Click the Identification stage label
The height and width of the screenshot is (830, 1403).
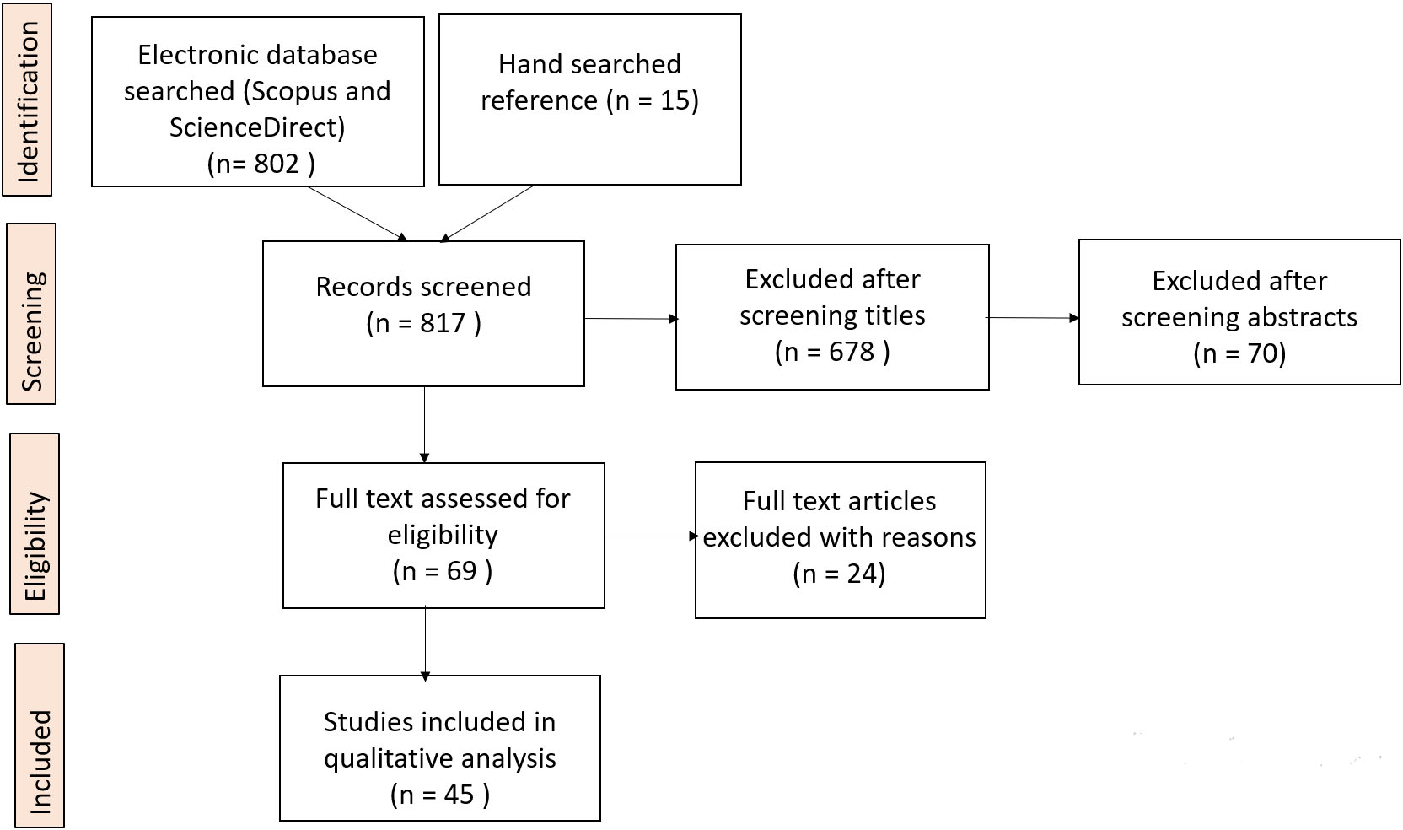click(27, 100)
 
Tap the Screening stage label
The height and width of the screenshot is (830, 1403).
click(31, 314)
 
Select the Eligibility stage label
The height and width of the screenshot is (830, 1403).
click(35, 524)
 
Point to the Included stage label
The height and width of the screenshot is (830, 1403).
click(40, 736)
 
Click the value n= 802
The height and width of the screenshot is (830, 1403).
click(261, 163)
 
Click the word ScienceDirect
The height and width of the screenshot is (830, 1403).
click(257, 127)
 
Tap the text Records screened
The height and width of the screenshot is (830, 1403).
click(423, 287)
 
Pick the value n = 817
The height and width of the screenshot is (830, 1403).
click(424, 323)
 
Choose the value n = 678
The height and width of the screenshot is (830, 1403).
click(832, 351)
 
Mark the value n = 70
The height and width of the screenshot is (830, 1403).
click(1239, 353)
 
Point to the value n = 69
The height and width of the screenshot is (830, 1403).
click(443, 571)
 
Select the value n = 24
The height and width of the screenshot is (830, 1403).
click(839, 574)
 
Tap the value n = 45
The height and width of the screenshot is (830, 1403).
click(439, 794)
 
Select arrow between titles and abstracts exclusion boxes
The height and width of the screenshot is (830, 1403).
click(1033, 318)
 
